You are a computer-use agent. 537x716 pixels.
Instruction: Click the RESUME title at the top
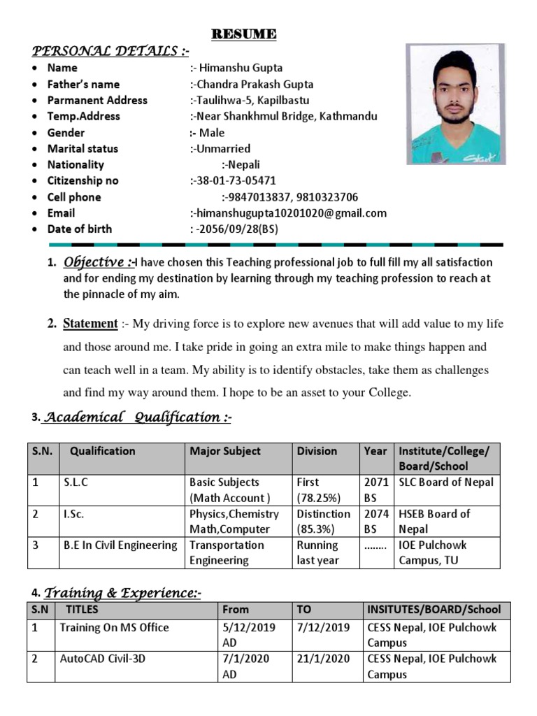pyautogui.click(x=244, y=34)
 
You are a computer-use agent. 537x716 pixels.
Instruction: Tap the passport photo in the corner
pyautogui.click(x=455, y=104)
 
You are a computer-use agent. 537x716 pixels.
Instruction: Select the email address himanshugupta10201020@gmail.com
pyautogui.click(x=289, y=213)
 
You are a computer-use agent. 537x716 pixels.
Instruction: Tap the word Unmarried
pyautogui.click(x=220, y=148)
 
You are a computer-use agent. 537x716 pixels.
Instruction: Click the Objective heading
pyautogui.click(x=98, y=262)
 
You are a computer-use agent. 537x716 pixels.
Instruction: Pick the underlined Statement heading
pyautogui.click(x=90, y=323)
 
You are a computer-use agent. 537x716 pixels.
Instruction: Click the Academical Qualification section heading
pyautogui.click(x=137, y=417)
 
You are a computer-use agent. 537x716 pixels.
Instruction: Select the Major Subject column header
pyautogui.click(x=225, y=451)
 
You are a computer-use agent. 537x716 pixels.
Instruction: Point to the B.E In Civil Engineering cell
pyautogui.click(x=118, y=545)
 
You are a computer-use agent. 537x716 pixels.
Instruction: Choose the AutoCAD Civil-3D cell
pyautogui.click(x=103, y=659)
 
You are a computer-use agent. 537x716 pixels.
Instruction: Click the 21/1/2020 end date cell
pyautogui.click(x=323, y=659)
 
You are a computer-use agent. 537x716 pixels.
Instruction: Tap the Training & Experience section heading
pyautogui.click(x=123, y=594)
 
